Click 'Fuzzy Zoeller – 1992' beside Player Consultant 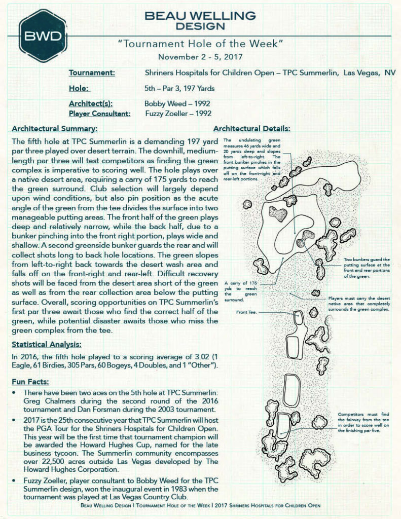coord(178,114)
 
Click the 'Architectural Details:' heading coord(251,129)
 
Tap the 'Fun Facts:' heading coord(30,381)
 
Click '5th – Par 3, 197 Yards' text coord(179,89)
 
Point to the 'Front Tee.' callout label coord(247,312)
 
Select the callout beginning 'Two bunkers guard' coord(367,268)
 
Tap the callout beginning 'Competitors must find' coord(362,422)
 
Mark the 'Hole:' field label coord(80,89)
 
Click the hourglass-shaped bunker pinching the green coord(305,238)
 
